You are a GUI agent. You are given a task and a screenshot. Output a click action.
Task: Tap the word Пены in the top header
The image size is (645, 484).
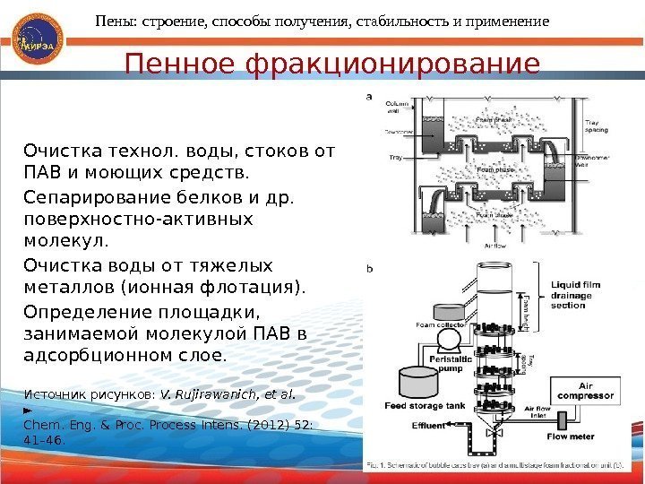coord(116,19)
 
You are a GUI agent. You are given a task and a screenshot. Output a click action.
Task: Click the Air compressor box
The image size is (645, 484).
coord(585,393)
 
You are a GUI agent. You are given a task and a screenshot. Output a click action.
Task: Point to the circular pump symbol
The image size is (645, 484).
coord(449,340)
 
